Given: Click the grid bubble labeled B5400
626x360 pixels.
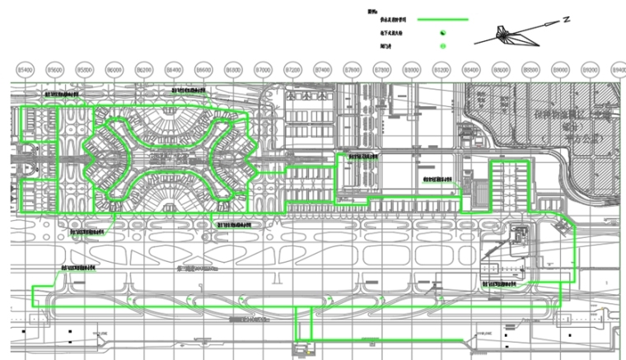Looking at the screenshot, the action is coord(26,71).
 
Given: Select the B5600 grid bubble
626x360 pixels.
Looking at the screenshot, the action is coord(55,71).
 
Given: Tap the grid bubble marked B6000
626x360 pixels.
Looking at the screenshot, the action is coord(114,71).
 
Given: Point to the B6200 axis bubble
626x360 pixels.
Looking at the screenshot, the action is coord(144,71).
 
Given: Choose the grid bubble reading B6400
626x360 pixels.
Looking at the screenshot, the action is coord(174,71).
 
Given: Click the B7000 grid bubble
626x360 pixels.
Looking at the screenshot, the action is coord(263,71).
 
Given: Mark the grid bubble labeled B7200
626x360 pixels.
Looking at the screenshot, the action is coord(292,71).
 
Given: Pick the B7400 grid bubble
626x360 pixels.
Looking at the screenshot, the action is coord(322,71).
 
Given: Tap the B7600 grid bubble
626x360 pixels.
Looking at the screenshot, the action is coord(352,71).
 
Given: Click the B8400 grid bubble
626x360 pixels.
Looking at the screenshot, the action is coord(471,71).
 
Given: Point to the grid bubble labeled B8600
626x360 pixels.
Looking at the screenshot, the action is coord(501,71).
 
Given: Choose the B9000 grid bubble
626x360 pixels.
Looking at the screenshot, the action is coord(560,71).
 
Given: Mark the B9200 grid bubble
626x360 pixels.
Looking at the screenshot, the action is coord(590,71).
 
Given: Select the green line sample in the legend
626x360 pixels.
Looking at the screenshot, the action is coord(442,19).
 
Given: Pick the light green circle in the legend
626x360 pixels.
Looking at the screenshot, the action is coord(442,46).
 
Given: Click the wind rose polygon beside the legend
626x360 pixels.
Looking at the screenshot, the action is coord(515,35).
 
